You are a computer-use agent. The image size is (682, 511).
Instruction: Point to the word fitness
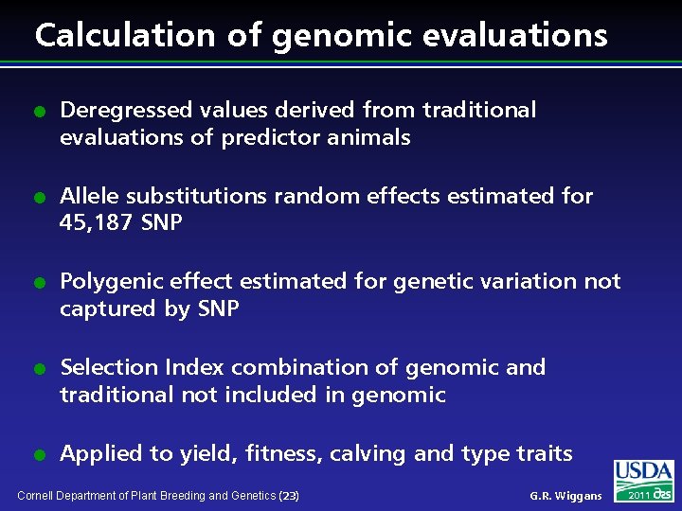(x=283, y=454)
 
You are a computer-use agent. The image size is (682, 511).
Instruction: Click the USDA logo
(x=643, y=472)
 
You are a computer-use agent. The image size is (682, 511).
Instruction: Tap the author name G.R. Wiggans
(x=565, y=496)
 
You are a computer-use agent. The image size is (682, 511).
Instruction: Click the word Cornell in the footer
(x=37, y=496)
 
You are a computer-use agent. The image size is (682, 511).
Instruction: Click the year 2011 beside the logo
(x=637, y=495)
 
